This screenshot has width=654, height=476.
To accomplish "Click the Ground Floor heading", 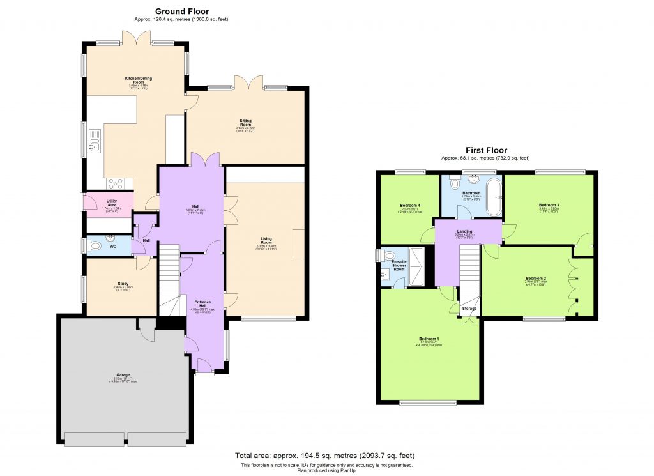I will (181, 11).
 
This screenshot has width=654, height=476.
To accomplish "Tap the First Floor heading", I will (487, 150).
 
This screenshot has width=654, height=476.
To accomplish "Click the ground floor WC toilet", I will (95, 245).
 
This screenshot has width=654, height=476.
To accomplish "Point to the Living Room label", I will (264, 241).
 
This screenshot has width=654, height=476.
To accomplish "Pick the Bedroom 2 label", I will (536, 279).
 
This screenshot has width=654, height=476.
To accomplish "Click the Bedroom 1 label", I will (429, 339).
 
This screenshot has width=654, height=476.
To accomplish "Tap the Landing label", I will (464, 231).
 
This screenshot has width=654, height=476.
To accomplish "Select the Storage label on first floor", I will (469, 309).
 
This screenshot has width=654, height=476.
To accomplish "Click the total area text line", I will (325, 456).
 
